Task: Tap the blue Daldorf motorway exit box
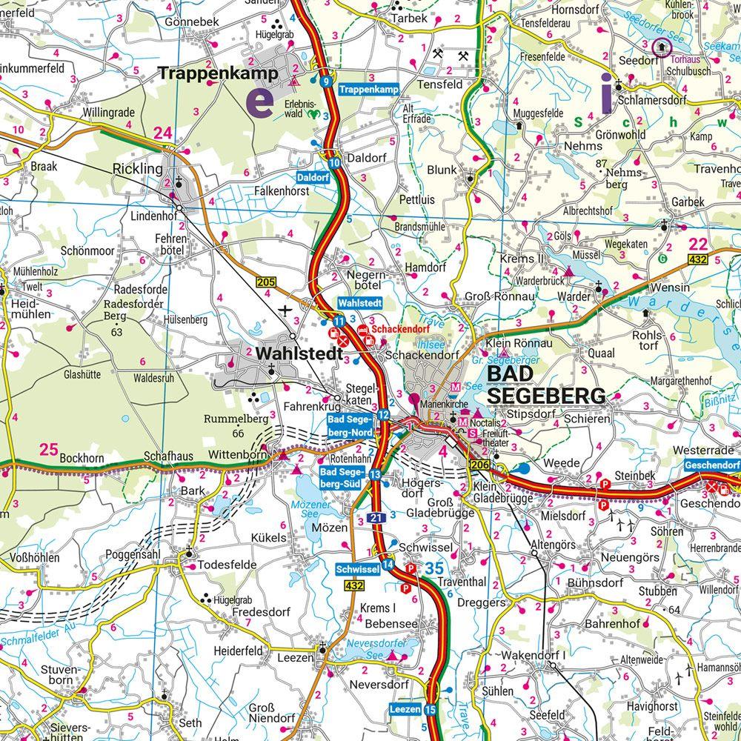[x=312, y=178]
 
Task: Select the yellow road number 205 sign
[x=266, y=282]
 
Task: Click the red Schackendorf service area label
[x=401, y=328]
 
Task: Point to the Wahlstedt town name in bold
[x=299, y=354]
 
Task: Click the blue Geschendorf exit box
[x=712, y=465]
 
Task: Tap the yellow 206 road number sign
[x=479, y=464]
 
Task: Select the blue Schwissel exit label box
[x=357, y=569]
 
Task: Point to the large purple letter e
[x=259, y=100]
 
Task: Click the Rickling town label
[x=137, y=169]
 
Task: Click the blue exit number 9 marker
[x=326, y=82]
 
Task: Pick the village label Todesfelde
[x=227, y=565]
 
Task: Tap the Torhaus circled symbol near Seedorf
[x=662, y=47]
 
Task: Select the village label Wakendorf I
[x=533, y=656]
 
